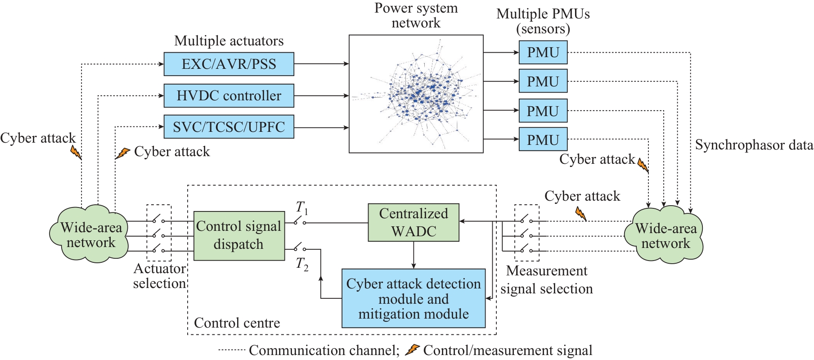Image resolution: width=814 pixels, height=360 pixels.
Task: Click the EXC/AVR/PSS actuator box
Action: point(229,64)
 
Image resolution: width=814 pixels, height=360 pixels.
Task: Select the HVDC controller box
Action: point(229,95)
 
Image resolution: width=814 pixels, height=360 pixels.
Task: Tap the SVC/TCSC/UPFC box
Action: point(229,127)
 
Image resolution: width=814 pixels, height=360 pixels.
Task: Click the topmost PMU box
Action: point(543,53)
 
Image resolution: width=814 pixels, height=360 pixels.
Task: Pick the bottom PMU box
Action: point(543,140)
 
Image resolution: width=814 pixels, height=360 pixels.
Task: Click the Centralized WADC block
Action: point(414,222)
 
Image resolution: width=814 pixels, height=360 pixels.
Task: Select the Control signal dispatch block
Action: point(239,235)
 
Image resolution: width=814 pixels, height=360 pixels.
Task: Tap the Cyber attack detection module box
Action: point(414,298)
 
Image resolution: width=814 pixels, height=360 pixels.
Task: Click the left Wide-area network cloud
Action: point(90,234)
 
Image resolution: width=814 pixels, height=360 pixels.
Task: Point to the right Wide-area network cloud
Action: point(665,235)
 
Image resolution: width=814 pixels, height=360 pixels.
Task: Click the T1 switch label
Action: point(301,208)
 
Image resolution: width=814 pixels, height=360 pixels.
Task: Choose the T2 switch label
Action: point(302,264)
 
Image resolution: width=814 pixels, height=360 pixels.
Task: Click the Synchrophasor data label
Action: point(754,145)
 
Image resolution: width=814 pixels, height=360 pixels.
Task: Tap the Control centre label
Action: point(237,323)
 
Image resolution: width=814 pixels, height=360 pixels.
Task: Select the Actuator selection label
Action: point(160,276)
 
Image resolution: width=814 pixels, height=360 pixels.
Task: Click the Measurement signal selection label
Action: point(546,279)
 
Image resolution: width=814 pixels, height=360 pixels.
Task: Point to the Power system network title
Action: point(416,15)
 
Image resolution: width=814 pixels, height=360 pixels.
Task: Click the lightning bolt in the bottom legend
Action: point(412,350)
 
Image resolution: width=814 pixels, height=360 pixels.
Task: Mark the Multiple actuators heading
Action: point(229,41)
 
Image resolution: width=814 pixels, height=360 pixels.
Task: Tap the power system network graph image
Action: point(416,94)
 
